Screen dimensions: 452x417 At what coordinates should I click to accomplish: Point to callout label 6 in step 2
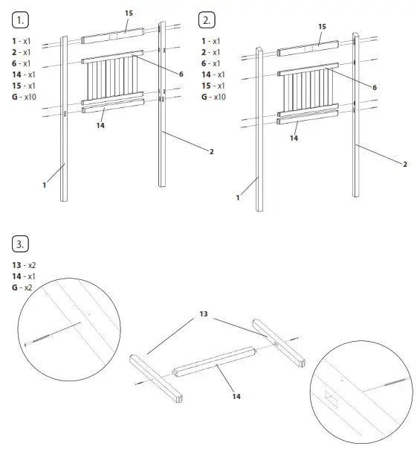pyautogui.click(x=374, y=87)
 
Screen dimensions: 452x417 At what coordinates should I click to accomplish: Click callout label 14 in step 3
pyautogui.click(x=236, y=396)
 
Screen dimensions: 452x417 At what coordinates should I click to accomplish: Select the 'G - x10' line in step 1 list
pyautogui.click(x=25, y=98)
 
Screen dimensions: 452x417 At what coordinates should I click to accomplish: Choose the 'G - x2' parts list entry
pyautogui.click(x=22, y=287)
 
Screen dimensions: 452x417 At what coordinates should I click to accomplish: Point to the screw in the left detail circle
pyautogui.click(x=52, y=334)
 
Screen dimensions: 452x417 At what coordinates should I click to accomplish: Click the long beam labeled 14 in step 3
pyautogui.click(x=216, y=363)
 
